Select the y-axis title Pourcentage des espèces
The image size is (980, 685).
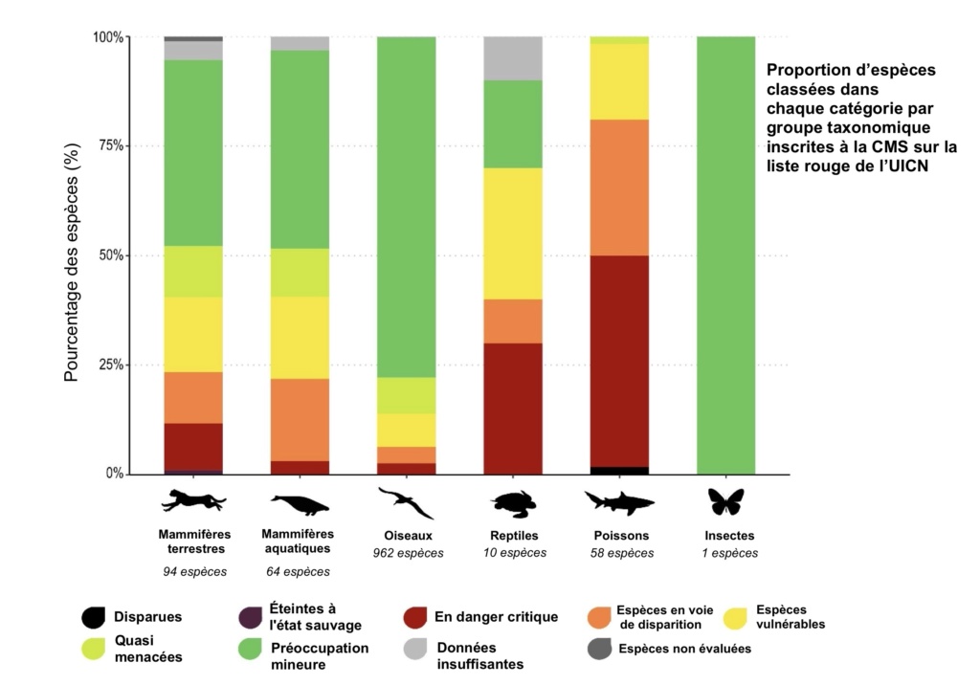pos(72,256)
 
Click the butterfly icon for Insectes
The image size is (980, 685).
pos(725,500)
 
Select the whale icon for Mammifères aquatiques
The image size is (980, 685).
pos(299,504)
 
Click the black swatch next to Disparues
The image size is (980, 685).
pos(93,618)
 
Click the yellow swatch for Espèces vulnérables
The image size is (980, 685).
pos(738,618)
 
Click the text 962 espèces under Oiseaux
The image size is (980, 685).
pos(408,553)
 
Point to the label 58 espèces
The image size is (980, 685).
pos(622,553)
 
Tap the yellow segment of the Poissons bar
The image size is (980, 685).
pos(620,81)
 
